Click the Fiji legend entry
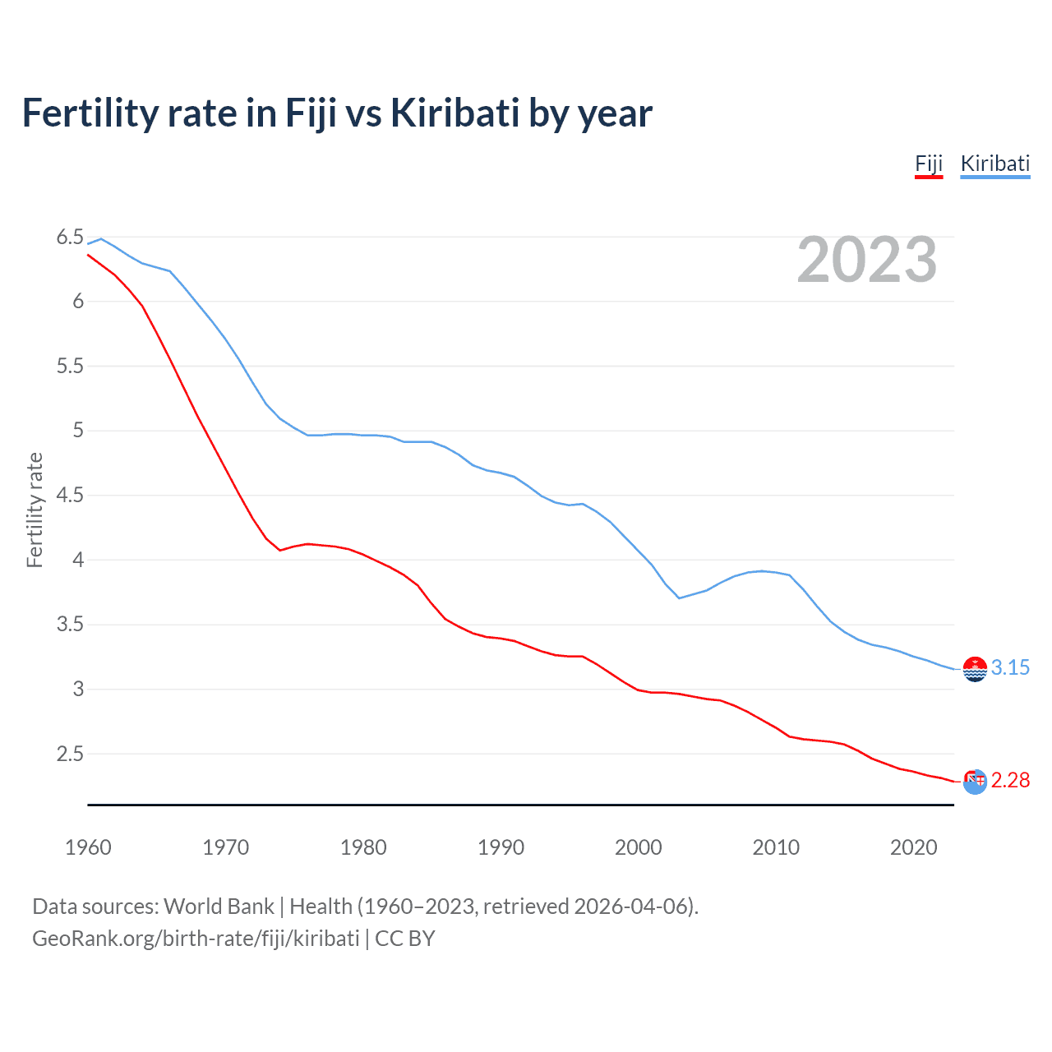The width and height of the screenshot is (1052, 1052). tap(929, 164)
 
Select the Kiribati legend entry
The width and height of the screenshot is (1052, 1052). tap(994, 164)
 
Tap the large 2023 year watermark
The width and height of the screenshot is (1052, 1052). tap(866, 260)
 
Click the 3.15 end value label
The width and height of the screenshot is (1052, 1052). tap(1010, 667)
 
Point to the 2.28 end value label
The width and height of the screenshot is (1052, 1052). tap(1010, 780)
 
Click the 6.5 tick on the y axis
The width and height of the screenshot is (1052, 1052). tap(70, 238)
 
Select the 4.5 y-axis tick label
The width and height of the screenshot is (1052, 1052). tap(70, 496)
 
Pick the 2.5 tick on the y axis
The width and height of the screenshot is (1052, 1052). tap(70, 754)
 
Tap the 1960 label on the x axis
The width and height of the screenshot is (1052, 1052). tap(88, 847)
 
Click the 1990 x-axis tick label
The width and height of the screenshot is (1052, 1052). tap(501, 847)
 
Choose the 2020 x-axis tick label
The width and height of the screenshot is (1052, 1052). tap(913, 847)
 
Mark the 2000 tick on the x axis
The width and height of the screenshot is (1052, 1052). tap(638, 847)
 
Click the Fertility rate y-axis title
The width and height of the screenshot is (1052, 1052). tap(35, 510)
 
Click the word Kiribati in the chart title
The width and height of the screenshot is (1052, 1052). tap(454, 113)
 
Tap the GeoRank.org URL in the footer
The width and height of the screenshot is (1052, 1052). tap(196, 939)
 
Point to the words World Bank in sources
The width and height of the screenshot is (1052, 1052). tap(219, 907)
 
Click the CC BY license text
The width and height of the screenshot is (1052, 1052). tap(405, 939)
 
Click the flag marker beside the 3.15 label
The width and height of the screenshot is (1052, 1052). tap(975, 669)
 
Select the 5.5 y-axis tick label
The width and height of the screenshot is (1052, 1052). tap(70, 367)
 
